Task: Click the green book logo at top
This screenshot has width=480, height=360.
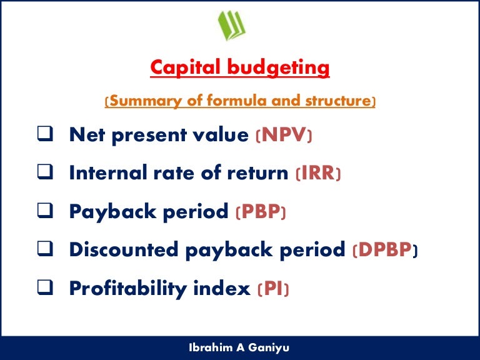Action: coord(232,26)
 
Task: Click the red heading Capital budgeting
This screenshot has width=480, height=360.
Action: coord(240,67)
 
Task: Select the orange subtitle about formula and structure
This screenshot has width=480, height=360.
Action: coord(240,101)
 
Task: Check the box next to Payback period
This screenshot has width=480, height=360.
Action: coord(43,212)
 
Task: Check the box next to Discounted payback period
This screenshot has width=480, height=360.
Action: coord(43,250)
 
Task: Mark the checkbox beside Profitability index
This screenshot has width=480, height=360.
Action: coord(43,289)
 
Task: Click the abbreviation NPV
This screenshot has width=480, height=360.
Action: coord(283,135)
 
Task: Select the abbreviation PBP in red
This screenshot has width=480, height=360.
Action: coord(260,212)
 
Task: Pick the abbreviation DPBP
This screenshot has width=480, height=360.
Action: coord(384,250)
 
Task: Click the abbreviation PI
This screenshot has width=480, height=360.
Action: coord(273,289)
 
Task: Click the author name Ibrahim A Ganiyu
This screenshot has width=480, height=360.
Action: coord(240,347)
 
